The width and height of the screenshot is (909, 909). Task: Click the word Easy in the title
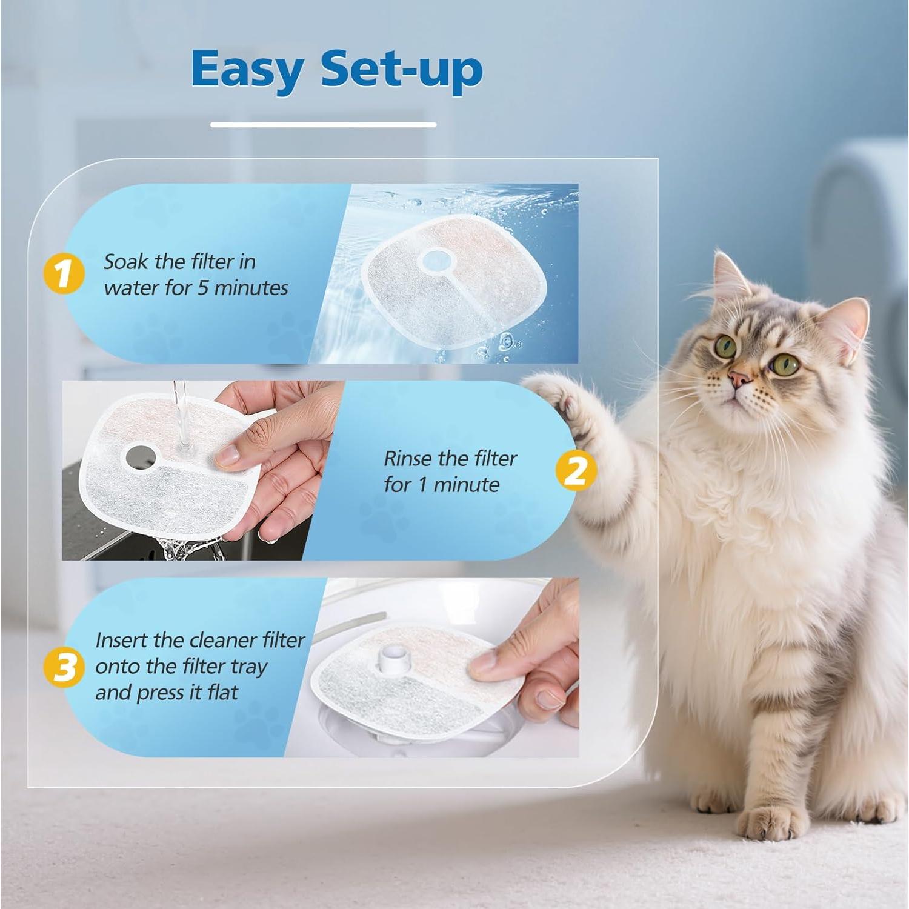click(x=247, y=70)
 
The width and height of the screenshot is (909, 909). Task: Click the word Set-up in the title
click(x=401, y=70)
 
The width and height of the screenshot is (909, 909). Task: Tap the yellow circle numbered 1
click(x=64, y=274)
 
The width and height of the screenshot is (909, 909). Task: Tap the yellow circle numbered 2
click(x=576, y=471)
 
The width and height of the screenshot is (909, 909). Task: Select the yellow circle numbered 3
click(x=64, y=667)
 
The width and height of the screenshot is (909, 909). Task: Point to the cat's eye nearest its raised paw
click(x=725, y=346)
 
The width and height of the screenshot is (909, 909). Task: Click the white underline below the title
click(x=323, y=125)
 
